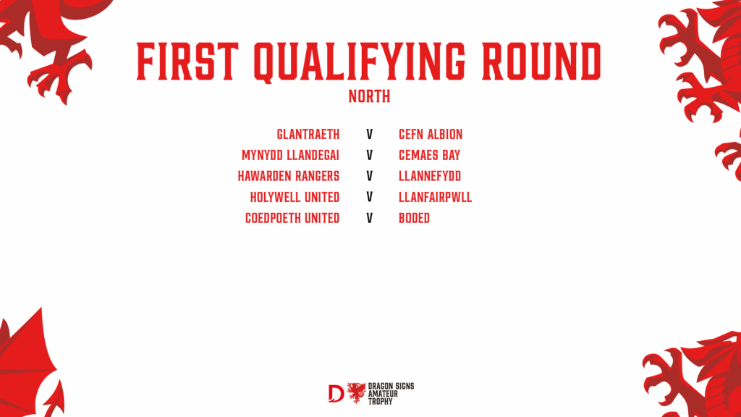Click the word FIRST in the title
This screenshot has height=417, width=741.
187,61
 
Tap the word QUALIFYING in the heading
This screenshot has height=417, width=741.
360,62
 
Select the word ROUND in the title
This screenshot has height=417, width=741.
541,61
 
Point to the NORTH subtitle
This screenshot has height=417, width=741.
370,96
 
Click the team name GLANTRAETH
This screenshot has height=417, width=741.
308,134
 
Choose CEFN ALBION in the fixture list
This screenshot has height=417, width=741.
431,134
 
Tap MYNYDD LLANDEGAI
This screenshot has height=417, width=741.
291,155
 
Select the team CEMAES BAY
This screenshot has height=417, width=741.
430,155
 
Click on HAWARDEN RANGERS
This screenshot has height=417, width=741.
289,176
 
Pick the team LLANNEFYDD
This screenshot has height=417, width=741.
430,176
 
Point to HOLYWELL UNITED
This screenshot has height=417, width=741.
295,197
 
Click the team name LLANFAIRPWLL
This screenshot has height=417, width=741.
435,197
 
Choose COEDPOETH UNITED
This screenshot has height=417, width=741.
292,218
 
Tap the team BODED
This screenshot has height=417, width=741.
415,218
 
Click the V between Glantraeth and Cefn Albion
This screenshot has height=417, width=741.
370,134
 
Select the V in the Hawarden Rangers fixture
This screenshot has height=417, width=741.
370,176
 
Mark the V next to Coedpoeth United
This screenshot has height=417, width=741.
370,218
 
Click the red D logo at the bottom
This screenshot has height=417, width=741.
336,393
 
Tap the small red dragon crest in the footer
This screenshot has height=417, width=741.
356,393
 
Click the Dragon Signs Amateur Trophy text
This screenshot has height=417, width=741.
391,394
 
